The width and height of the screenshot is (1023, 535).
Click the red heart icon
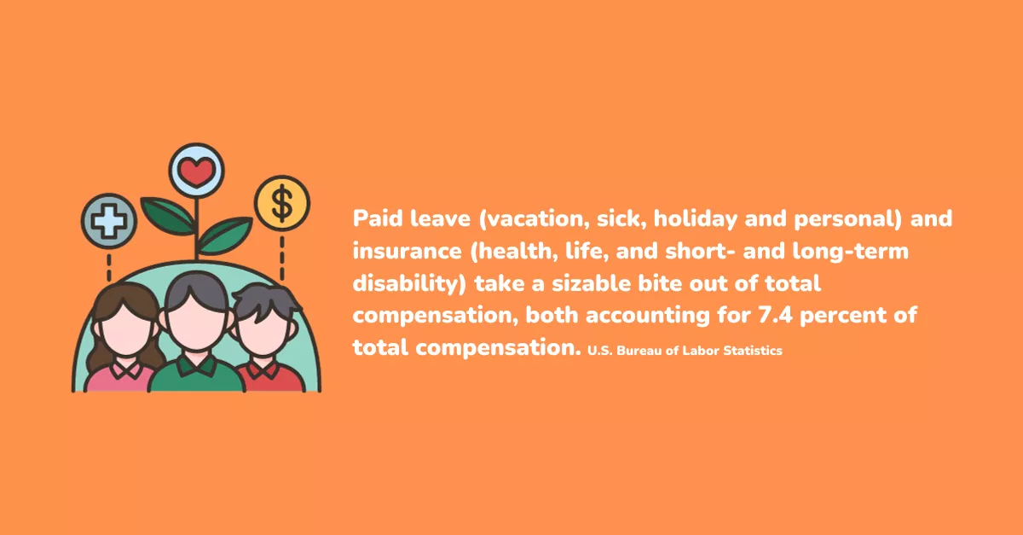pyautogui.click(x=196, y=172)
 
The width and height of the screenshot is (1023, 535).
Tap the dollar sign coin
pyautogui.click(x=282, y=203)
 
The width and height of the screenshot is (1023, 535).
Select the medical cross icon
pyautogui.click(x=109, y=221)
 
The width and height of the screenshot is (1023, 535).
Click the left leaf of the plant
pyautogui.click(x=167, y=216)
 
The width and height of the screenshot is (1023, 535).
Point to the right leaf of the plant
pyautogui.click(x=225, y=236)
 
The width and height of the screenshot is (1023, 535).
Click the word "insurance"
pyautogui.click(x=407, y=251)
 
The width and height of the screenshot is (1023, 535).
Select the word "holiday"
pyautogui.click(x=695, y=218)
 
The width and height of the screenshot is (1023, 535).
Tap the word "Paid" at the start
pyautogui.click(x=377, y=218)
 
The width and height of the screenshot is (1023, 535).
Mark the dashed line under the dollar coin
pyautogui.click(x=282, y=258)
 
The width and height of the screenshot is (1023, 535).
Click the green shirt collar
pyautogui.click(x=197, y=365)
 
